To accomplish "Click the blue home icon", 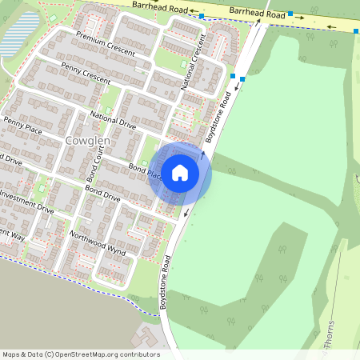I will pyautogui.click(x=180, y=172).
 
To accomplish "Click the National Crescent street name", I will pyautogui.click(x=194, y=63).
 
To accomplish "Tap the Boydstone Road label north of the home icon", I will pyautogui.click(x=218, y=117).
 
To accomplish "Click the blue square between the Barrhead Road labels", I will pyautogui.click(x=202, y=15).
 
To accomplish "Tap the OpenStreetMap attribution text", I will pyautogui.click(x=80, y=354).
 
